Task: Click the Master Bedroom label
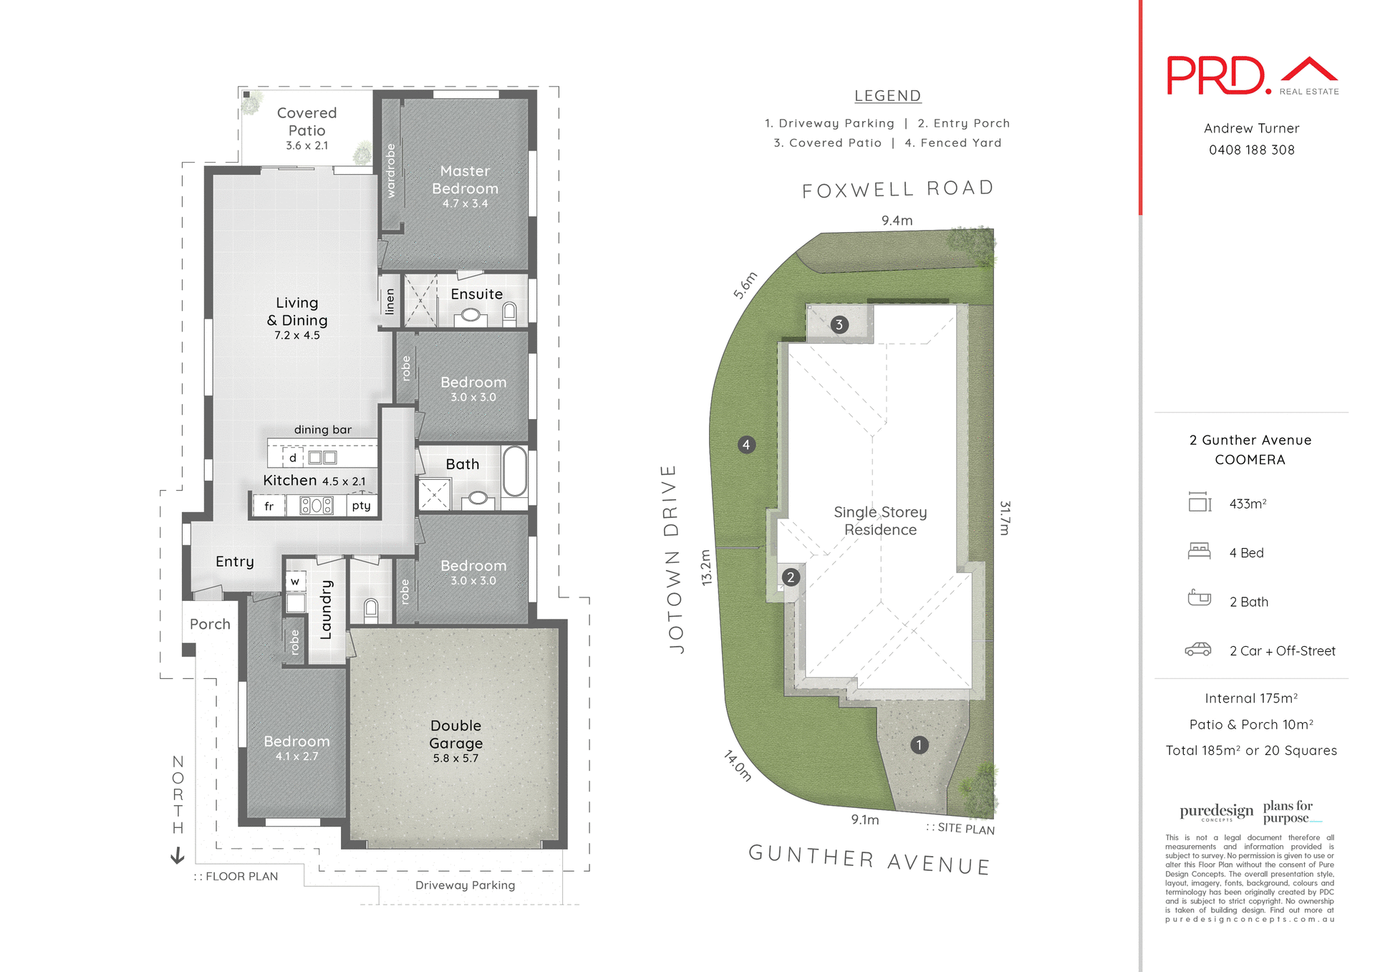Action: click(465, 180)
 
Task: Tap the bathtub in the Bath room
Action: click(514, 471)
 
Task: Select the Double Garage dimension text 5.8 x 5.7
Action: click(455, 759)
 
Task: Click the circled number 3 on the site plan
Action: click(839, 324)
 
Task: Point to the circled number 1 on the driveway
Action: click(919, 745)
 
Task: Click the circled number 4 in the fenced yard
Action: click(746, 445)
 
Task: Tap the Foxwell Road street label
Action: click(898, 189)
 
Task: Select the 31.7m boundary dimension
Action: click(1005, 518)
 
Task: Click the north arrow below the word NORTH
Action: click(178, 855)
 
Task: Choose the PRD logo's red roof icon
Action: click(1309, 69)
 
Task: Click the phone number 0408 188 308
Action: click(1251, 150)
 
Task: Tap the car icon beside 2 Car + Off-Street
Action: click(1198, 650)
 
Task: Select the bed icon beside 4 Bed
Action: click(1199, 551)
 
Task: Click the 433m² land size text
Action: click(1248, 504)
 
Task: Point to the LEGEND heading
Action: click(887, 96)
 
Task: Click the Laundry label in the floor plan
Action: click(327, 610)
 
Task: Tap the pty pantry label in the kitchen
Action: click(362, 506)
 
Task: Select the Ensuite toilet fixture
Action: click(509, 313)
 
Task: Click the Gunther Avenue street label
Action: click(869, 860)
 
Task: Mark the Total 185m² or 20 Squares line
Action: click(1250, 750)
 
